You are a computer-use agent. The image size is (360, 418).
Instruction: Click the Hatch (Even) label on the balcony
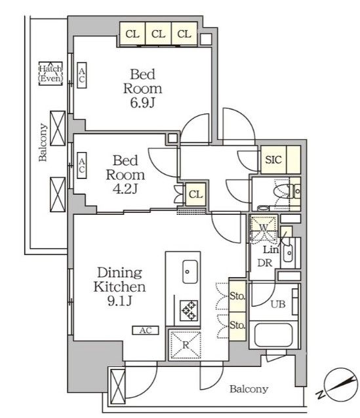point(50,73)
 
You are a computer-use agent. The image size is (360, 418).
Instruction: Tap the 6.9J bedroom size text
point(142,103)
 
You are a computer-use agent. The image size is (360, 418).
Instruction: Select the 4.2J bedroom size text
point(125,189)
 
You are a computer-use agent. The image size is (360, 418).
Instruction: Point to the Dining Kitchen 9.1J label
point(119,286)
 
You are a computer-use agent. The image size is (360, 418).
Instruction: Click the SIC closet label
point(273,160)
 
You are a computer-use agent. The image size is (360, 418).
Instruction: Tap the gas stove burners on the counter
point(189,311)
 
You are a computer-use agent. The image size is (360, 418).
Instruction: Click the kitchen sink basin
point(190,271)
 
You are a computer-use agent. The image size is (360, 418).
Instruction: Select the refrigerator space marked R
point(185,345)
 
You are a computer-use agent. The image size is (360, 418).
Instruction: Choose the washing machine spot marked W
point(264,228)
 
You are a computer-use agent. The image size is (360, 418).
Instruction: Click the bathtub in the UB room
point(273,335)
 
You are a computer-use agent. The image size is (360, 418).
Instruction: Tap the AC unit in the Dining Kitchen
point(146,330)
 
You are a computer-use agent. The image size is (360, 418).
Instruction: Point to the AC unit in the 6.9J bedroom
point(82,75)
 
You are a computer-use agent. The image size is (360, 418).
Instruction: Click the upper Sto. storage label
point(237,296)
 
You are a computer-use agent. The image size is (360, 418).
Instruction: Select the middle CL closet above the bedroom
point(158,34)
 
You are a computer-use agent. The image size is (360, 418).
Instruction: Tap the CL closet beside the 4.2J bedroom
point(195,195)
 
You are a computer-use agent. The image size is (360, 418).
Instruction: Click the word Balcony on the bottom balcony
point(249,389)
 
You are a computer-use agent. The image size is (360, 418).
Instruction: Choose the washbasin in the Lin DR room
point(288,252)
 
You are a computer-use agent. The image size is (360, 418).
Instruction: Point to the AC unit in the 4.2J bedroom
point(82,165)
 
